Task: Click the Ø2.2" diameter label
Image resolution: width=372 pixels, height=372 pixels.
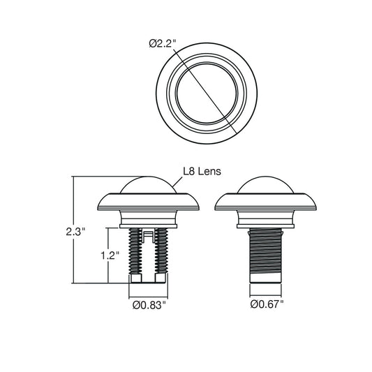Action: point(163,44)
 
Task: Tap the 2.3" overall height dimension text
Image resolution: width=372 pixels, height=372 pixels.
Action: point(75,231)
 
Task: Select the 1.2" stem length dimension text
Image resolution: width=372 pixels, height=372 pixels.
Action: point(110,255)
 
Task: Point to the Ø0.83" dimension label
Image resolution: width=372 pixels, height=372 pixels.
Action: point(149,305)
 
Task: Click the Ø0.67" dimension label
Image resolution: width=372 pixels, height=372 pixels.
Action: point(267,304)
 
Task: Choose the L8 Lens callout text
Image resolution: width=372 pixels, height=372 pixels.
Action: point(202,171)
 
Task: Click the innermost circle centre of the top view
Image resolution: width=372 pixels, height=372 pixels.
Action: point(207,94)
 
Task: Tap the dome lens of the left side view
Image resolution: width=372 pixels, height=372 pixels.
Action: point(148,185)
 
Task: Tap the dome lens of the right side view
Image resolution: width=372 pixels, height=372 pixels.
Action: point(265,185)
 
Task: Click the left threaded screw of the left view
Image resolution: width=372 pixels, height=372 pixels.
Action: point(135,251)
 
